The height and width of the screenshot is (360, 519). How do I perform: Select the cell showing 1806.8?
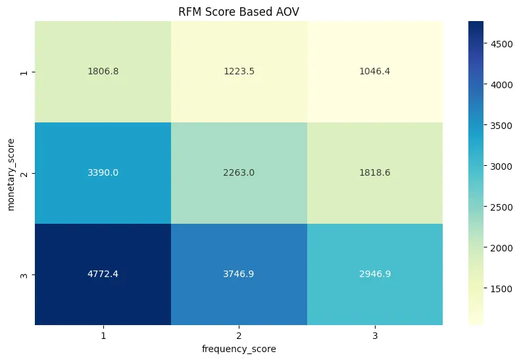pyautogui.click(x=103, y=72)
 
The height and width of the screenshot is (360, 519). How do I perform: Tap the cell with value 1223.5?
pyautogui.click(x=239, y=72)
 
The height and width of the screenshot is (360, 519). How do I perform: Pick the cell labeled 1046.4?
pyautogui.click(x=375, y=72)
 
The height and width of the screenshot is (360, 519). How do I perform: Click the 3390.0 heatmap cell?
pyautogui.click(x=103, y=173)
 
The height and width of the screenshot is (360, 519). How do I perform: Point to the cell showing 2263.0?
pyautogui.click(x=239, y=173)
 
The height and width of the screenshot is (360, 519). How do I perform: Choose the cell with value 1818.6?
pyautogui.click(x=375, y=173)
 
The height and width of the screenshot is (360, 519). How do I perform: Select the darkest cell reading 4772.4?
pyautogui.click(x=103, y=274)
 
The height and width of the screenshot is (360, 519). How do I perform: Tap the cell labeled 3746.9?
pyautogui.click(x=239, y=274)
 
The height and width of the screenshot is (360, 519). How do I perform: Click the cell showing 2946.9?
pyautogui.click(x=375, y=274)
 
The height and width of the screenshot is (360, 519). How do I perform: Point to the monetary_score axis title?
pyautogui.click(x=11, y=173)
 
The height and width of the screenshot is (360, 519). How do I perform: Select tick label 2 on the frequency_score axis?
pyautogui.click(x=239, y=335)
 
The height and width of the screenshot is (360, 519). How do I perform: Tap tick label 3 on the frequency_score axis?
pyautogui.click(x=375, y=335)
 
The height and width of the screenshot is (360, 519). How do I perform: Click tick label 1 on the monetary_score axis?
pyautogui.click(x=25, y=72)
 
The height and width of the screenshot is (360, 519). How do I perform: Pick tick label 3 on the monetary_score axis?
pyautogui.click(x=25, y=274)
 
